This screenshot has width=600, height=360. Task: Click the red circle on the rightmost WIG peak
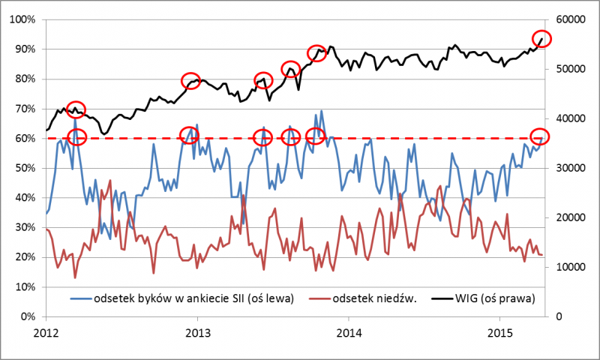[542, 39]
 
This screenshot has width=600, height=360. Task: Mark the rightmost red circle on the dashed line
[540, 136]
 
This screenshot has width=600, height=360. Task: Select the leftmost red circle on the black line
[76, 109]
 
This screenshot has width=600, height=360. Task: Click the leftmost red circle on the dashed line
[76, 136]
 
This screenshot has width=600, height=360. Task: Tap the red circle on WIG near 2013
[191, 81]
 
